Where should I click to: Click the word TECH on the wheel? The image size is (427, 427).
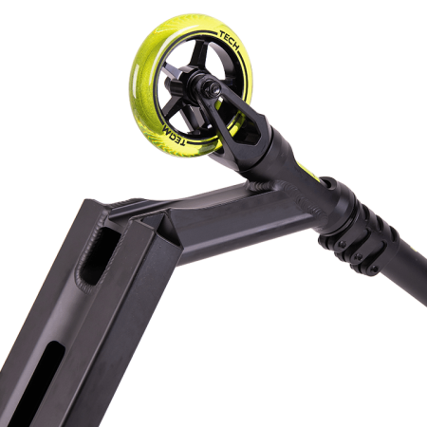(229, 40)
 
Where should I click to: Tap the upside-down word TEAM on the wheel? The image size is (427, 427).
(174, 135)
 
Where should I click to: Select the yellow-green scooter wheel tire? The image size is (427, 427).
(191, 85)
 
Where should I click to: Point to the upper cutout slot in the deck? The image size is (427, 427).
(97, 254)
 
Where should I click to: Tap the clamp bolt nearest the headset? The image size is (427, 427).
(342, 245)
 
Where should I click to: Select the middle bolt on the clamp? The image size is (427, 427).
(358, 257)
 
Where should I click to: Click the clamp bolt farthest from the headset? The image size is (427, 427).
(375, 269)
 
